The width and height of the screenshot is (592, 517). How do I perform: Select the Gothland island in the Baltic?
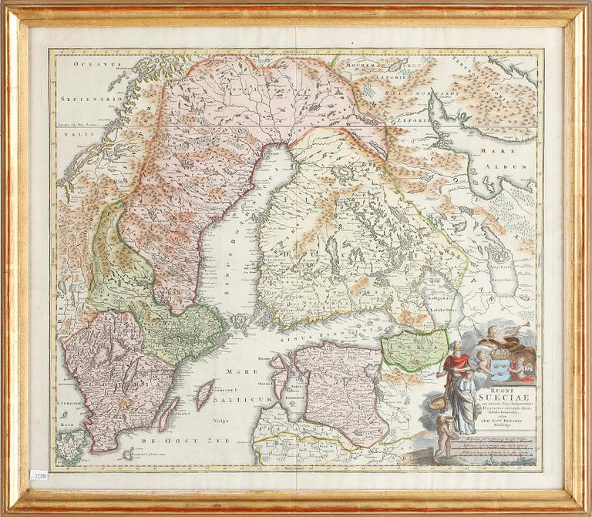[204, 394]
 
